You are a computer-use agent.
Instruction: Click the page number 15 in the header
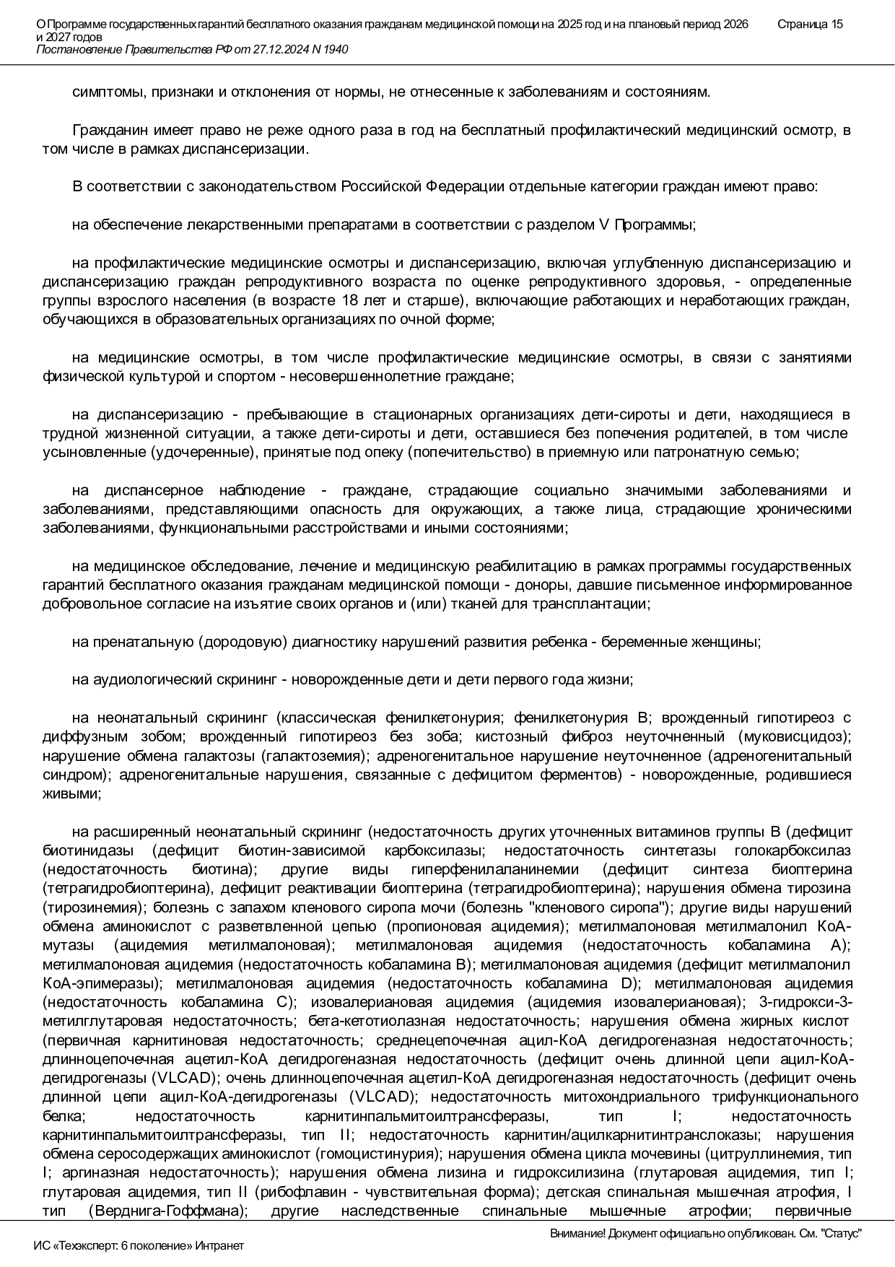[x=835, y=24]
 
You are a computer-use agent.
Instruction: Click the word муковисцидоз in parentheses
[x=793, y=736]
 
